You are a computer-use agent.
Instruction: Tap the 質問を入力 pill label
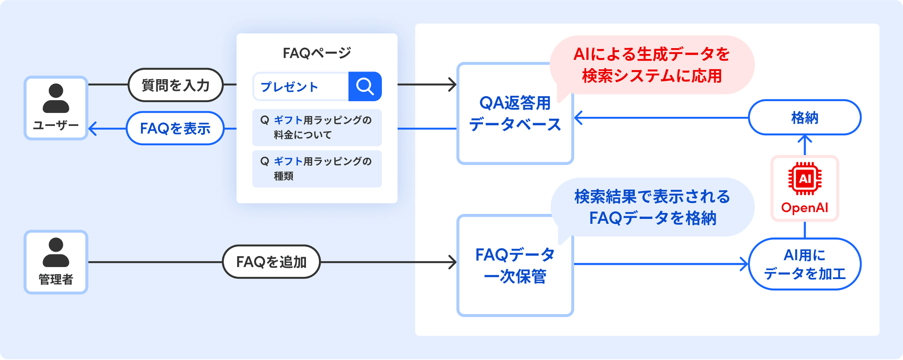point(176,85)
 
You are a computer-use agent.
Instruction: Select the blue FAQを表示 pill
point(175,129)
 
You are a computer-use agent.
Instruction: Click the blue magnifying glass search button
point(365,86)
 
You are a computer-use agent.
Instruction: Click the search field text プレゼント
point(289,87)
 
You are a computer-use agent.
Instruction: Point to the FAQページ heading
point(317,53)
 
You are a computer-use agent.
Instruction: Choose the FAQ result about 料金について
point(317,128)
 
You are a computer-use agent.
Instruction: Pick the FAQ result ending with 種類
point(317,169)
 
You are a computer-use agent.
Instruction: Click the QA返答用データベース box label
point(515,114)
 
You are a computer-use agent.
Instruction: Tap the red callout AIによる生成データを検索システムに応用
point(651,65)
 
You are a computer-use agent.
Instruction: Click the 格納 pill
point(804,118)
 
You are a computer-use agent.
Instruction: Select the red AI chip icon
point(805,178)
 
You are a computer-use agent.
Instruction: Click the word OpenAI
point(805,208)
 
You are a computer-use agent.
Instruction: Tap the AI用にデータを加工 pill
point(805,264)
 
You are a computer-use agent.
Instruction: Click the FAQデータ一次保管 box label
point(515,266)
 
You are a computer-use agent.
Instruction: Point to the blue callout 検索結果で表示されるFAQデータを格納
point(652,208)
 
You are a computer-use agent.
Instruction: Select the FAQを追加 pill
point(271,262)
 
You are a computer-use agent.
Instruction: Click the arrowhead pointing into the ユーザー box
point(93,129)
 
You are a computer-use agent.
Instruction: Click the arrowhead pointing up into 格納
point(805,139)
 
